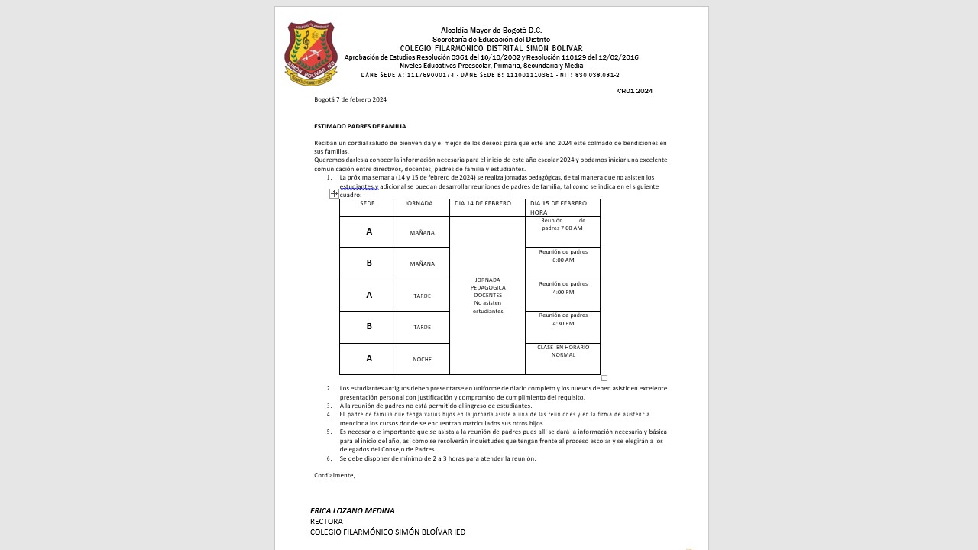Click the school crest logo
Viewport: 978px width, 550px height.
coord(311,53)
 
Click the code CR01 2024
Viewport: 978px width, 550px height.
coord(634,91)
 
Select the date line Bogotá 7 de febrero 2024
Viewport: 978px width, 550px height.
coord(350,99)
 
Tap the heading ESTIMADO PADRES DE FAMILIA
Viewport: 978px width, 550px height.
coord(360,126)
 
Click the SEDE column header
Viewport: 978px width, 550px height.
coord(367,204)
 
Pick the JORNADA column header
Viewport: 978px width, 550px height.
coord(419,204)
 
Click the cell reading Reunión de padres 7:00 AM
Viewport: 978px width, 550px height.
coord(562,225)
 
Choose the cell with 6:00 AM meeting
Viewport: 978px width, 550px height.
coord(563,256)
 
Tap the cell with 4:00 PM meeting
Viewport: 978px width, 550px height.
coord(563,288)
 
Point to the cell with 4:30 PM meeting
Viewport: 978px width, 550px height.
coord(563,319)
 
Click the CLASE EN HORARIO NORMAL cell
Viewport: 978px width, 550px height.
coord(563,351)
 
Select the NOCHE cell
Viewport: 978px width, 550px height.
coord(422,359)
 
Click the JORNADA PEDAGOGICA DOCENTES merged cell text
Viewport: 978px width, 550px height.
coord(487,295)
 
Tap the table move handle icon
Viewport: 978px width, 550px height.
coord(334,194)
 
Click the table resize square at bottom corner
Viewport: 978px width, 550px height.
coord(604,378)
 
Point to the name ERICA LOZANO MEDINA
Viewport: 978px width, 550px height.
coord(352,510)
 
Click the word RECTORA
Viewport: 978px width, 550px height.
coord(326,522)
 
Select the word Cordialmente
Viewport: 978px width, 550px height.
coord(335,475)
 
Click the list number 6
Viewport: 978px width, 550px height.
coord(329,458)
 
